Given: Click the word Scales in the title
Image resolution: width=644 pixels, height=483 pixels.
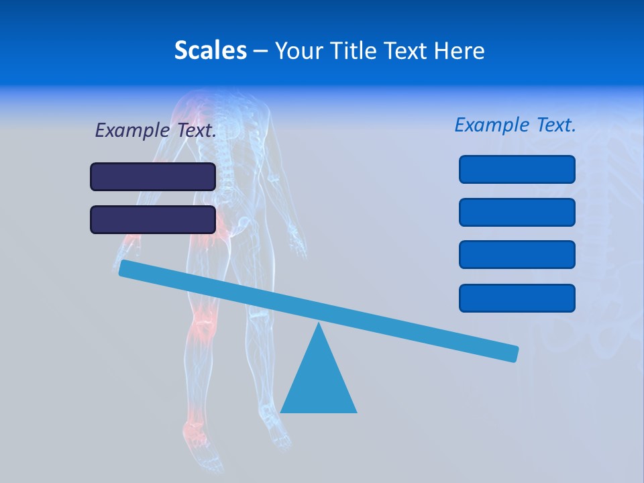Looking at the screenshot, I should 211,50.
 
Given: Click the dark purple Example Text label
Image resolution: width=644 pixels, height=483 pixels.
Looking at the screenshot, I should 156,130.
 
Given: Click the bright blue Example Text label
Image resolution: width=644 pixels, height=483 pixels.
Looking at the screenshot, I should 515,125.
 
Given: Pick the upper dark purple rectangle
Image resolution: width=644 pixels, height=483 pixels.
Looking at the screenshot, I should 153,176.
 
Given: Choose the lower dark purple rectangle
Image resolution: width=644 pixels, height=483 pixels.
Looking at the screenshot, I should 153,219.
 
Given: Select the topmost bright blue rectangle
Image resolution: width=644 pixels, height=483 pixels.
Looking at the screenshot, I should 517,169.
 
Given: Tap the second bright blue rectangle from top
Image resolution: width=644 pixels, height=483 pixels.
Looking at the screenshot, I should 517,212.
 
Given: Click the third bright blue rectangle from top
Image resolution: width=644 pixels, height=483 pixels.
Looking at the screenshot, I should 517,255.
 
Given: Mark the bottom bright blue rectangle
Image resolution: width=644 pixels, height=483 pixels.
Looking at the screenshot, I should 517,298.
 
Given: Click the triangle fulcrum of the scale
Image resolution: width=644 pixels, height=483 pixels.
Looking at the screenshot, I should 319,382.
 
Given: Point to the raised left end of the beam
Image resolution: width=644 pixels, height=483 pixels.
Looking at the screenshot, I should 125,268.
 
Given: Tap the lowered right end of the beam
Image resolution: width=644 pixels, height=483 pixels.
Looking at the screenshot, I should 513,353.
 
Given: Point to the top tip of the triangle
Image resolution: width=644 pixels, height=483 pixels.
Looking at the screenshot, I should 319,325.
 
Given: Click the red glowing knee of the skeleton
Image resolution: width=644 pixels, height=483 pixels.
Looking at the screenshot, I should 203,325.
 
